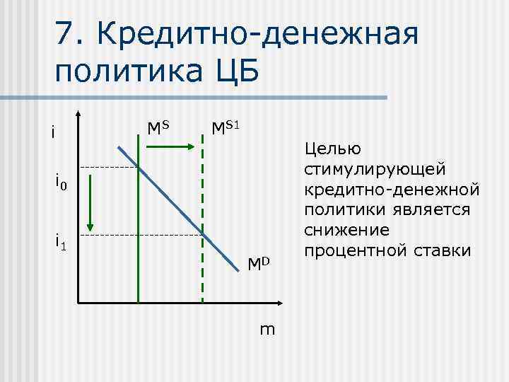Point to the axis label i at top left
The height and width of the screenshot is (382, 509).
[53, 132]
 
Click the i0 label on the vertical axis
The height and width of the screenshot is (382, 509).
[61, 184]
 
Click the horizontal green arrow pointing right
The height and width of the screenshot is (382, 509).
[170, 146]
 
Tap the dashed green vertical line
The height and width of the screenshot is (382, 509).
[203, 233]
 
